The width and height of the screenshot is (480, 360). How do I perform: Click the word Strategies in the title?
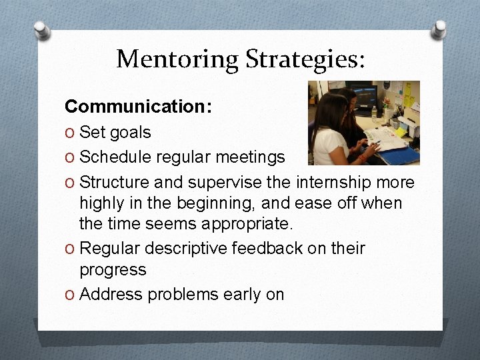click(304, 59)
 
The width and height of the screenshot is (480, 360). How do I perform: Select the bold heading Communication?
click(138, 106)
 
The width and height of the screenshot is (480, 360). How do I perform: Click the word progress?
click(112, 270)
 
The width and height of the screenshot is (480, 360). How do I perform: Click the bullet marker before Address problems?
click(70, 295)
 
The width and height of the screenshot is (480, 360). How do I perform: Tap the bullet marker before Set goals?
click(70, 133)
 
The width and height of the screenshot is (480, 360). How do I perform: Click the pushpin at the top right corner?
click(439, 28)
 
